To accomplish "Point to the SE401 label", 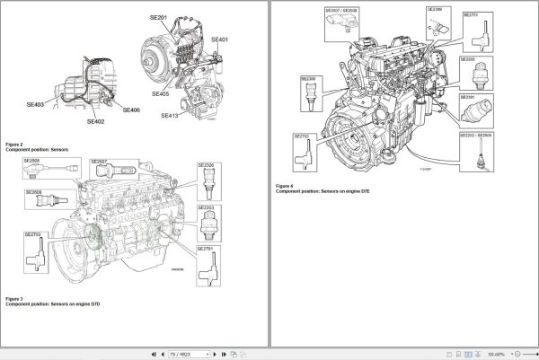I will [219, 40].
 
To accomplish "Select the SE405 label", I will [160, 93].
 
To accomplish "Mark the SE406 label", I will [130, 110].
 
